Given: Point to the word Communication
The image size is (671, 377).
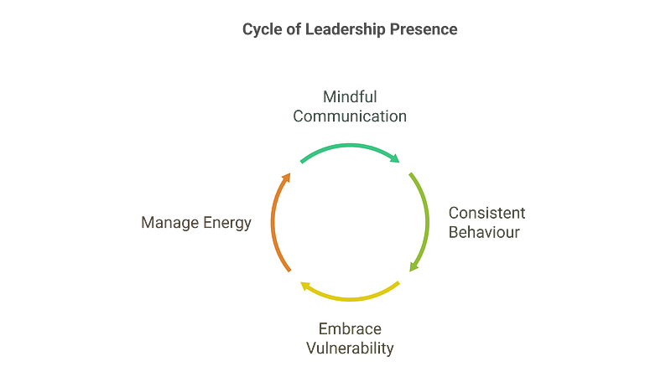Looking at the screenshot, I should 350,116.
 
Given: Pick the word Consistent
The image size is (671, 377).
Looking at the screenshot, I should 487,213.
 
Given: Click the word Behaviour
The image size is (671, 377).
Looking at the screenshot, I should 484,232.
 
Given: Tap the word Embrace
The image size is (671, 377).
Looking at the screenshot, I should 350,328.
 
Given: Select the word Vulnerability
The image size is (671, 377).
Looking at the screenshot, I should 350,348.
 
